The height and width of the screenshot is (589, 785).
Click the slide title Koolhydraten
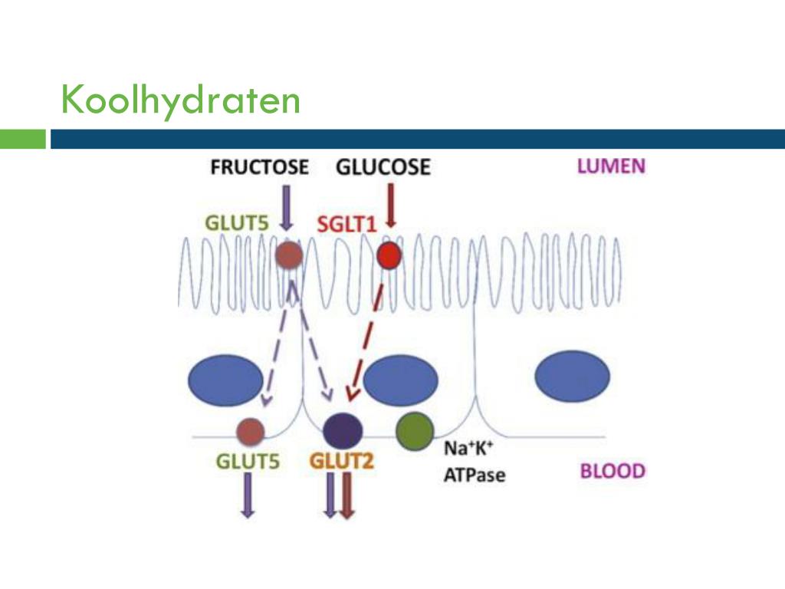coord(181,100)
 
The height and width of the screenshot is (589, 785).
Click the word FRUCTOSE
coord(259,166)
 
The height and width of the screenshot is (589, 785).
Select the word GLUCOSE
coord(383,166)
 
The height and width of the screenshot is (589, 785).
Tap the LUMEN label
coord(611,166)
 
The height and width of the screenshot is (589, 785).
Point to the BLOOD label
coord(612,470)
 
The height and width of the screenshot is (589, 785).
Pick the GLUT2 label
coord(341,462)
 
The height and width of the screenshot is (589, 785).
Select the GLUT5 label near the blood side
coord(247,462)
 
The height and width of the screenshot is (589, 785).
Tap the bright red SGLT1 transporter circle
coord(389,255)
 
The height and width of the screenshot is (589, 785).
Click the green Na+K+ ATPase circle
coord(415,431)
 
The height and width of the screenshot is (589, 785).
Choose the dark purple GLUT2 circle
coord(342,430)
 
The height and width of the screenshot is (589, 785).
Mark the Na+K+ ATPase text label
coord(475,462)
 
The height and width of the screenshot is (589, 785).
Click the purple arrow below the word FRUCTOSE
coord(287,208)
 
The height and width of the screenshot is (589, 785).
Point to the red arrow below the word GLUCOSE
coord(391,206)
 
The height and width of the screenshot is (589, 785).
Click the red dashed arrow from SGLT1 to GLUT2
coord(367,334)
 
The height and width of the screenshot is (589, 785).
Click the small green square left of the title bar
coord(23,139)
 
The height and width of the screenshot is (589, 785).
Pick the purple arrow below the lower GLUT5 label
coord(248,495)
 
